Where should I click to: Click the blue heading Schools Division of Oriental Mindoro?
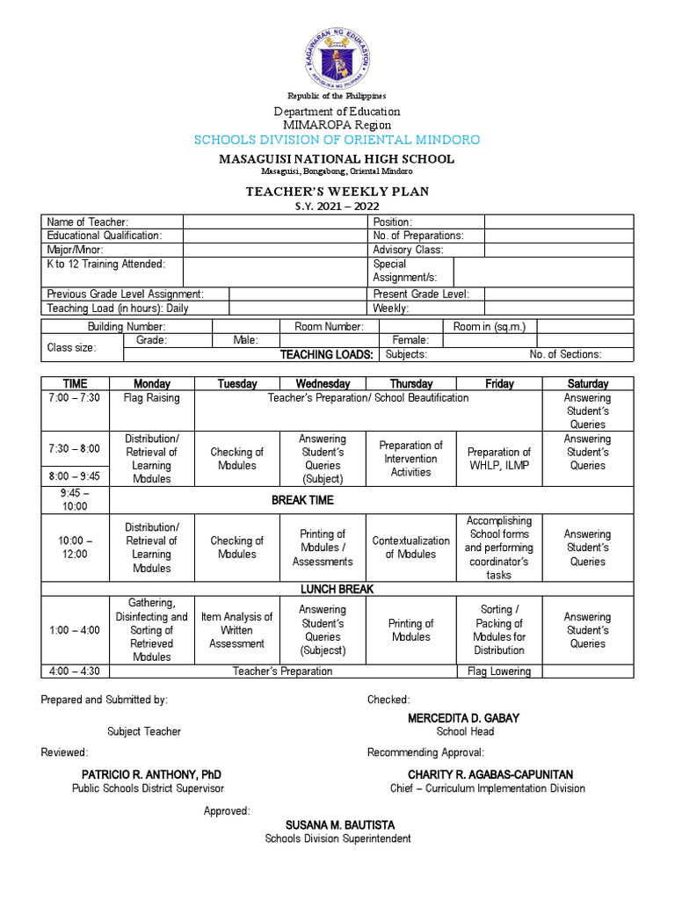(337, 140)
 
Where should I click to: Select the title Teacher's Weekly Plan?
(337, 192)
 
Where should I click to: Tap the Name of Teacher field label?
(88, 222)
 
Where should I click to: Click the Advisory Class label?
(408, 250)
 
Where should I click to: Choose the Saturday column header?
(587, 384)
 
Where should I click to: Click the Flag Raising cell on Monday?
(151, 398)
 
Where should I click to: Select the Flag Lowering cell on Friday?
(498, 671)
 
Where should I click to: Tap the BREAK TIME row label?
(302, 500)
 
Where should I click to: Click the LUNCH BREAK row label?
(324, 589)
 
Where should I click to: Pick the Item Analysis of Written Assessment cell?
(237, 630)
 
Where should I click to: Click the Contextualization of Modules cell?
(411, 548)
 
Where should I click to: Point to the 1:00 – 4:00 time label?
(75, 630)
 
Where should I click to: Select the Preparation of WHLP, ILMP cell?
(498, 459)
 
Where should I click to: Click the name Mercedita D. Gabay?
(464, 718)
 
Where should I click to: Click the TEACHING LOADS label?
(327, 355)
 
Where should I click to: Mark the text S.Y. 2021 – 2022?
(337, 207)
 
